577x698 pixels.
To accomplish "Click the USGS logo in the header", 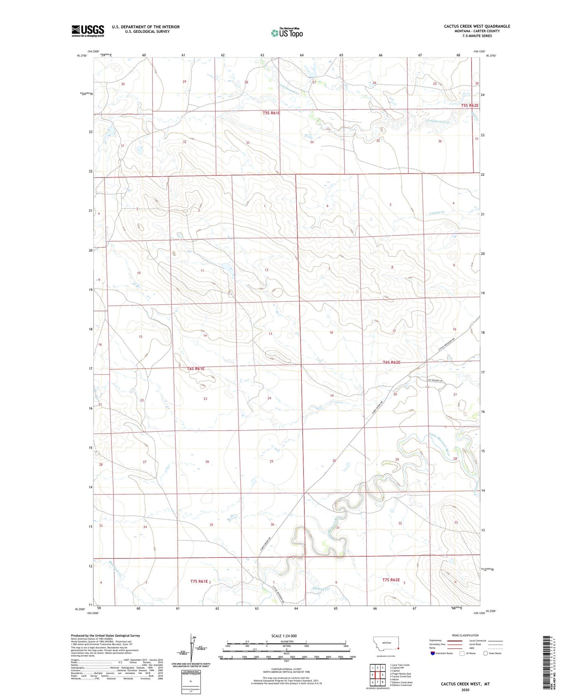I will (x=88, y=31).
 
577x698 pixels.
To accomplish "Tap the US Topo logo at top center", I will (x=287, y=33).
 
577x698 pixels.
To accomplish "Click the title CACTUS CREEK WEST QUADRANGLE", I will (x=477, y=26).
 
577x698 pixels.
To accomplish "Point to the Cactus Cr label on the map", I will (x=437, y=213).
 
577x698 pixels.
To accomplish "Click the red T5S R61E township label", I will (x=271, y=113).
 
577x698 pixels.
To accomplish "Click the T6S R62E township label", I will (x=391, y=362).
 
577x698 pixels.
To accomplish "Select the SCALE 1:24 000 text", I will (x=284, y=636).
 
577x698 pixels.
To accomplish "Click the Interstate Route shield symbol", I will (x=433, y=653).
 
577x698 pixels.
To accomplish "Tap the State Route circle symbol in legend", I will (x=486, y=653).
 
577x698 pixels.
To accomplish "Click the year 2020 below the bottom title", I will (x=465, y=690).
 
